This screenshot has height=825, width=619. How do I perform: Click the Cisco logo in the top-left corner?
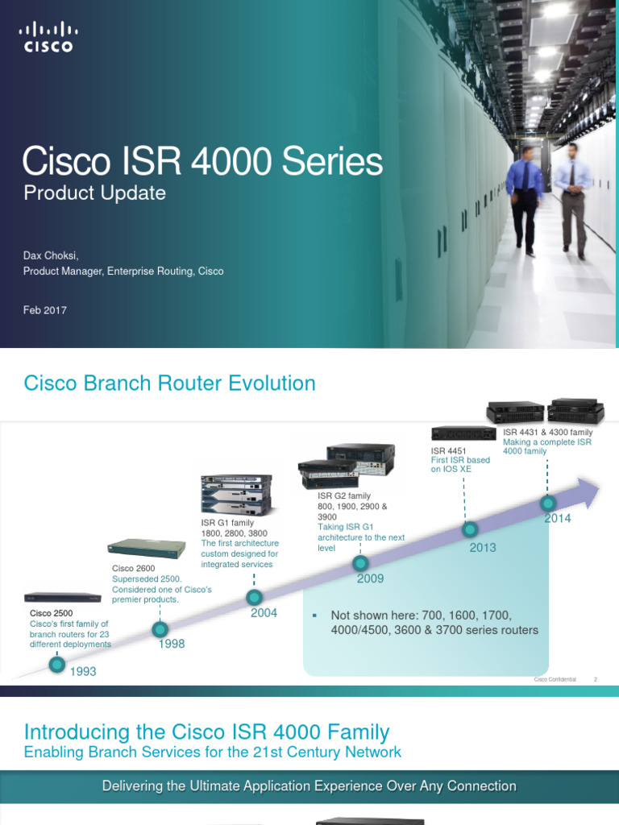[47, 38]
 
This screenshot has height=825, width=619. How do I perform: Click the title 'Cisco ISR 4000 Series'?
[202, 162]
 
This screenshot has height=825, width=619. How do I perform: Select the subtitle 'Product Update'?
[94, 193]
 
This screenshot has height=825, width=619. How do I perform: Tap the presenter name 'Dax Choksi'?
[50, 255]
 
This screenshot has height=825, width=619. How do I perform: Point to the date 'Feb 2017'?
[44, 310]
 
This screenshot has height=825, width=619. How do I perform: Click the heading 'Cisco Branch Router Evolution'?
[169, 383]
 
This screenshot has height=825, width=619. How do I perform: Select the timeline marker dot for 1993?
[56, 665]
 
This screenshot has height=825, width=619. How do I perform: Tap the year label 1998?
[172, 644]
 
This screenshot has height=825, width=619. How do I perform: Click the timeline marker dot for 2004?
[254, 597]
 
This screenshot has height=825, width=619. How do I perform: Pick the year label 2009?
[370, 578]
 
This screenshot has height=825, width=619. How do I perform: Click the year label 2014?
[557, 518]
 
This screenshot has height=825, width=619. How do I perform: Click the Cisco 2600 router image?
[147, 548]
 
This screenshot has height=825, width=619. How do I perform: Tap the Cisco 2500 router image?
[63, 598]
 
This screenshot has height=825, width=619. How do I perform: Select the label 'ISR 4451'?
[449, 450]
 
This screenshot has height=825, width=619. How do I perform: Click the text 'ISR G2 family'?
[344, 496]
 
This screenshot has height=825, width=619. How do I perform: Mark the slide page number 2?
[595, 679]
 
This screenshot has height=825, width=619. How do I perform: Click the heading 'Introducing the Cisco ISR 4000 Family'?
[206, 732]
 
